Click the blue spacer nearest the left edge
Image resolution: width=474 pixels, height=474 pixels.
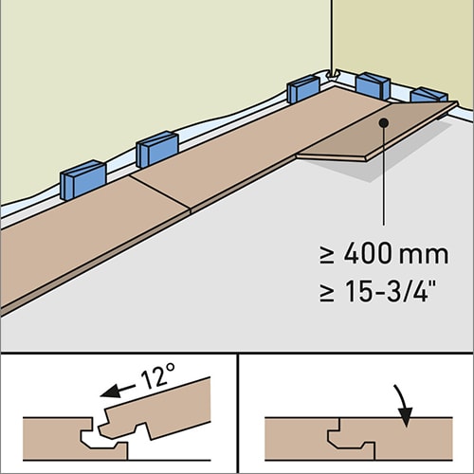point(83,180)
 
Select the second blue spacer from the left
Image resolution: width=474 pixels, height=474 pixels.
point(157,150)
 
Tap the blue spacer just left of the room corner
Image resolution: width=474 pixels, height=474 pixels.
point(303,89)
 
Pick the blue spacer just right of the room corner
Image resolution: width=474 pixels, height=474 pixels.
point(373,85)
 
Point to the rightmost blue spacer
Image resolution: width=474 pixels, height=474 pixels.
point(428,95)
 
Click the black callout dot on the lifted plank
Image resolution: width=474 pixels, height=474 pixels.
point(384,122)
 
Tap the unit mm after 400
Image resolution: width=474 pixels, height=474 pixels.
point(424,256)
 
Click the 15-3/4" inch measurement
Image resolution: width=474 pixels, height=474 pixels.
point(392,291)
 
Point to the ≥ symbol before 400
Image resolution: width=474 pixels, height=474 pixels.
point(326,255)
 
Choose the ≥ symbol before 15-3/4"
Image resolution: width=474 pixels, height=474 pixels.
point(326,293)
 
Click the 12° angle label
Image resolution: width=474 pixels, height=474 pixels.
point(157,375)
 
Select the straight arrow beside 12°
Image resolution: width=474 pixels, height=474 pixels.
point(118,391)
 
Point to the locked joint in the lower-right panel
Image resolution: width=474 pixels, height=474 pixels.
point(352,439)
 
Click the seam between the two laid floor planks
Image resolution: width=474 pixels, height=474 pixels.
point(160,191)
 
